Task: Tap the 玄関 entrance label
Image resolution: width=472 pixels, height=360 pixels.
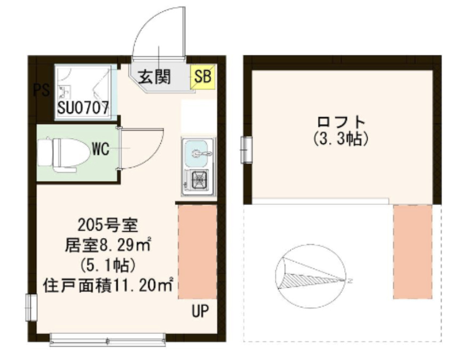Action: pos(154,78)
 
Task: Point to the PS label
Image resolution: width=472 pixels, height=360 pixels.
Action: pos(41,90)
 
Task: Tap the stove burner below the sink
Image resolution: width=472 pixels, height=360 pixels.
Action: pos(198,181)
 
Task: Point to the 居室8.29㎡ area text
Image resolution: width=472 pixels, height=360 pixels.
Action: pos(108,246)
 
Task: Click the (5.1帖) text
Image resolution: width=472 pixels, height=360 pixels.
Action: pos(108,265)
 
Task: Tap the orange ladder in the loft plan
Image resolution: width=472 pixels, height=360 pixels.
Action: pos(412,251)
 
